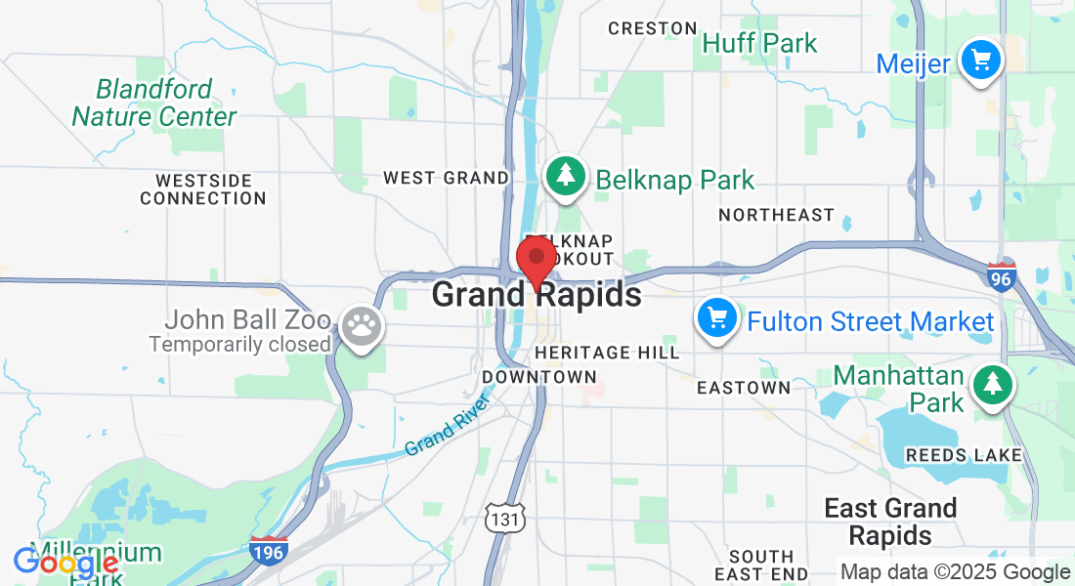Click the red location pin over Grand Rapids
536,259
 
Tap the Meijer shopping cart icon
980,62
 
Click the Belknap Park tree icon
565,177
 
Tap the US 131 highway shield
505,519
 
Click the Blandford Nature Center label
154,104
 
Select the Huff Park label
759,44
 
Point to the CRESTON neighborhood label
653,28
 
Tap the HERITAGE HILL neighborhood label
607,353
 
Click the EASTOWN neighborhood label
744,388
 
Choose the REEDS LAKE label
964,455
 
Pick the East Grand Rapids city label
890,522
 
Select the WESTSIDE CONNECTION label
202,189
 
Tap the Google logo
65,563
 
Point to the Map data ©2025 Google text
955,572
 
